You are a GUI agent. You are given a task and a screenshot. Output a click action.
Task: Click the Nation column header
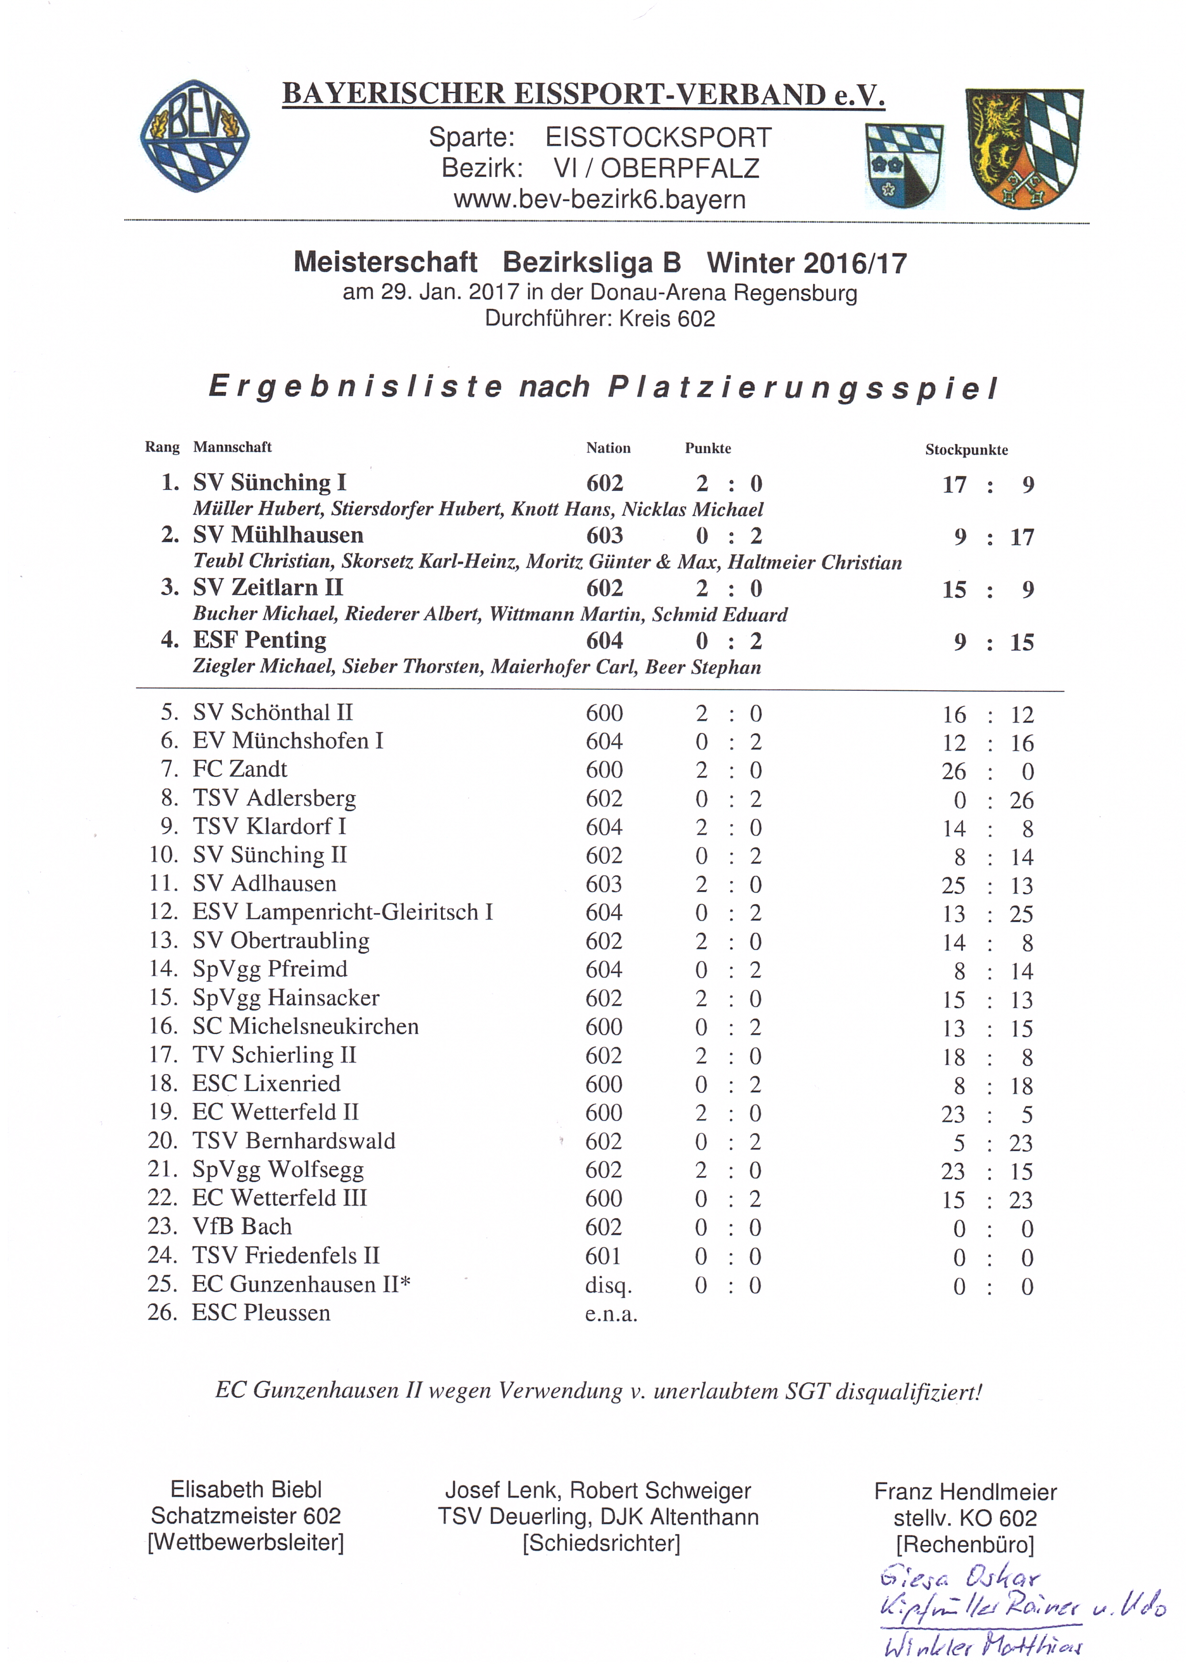tap(608, 448)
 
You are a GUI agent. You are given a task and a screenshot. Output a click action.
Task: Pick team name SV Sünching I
tap(270, 483)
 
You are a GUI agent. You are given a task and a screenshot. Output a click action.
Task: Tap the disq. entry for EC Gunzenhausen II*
tap(608, 1285)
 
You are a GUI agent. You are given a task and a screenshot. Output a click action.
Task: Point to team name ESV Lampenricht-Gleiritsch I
tap(343, 912)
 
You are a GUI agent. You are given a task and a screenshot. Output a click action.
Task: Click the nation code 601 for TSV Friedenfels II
tap(604, 1256)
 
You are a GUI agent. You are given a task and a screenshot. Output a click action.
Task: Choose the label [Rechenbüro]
tap(965, 1545)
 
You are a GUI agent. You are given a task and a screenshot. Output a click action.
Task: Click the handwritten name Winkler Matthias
tap(983, 1646)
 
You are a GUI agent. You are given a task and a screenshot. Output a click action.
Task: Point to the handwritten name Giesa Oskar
tap(959, 1578)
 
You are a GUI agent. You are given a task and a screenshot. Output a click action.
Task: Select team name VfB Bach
tap(242, 1227)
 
